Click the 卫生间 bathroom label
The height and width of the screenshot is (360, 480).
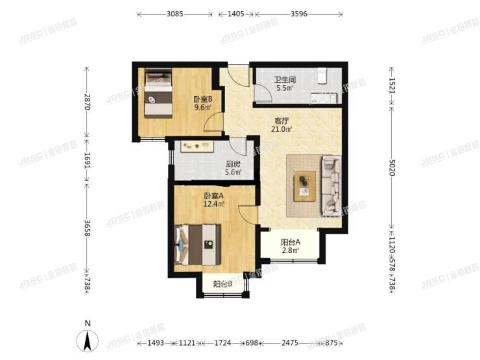285,80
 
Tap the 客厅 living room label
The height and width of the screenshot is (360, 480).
282,121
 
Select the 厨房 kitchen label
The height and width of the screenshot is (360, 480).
234,164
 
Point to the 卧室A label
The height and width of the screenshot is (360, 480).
214,196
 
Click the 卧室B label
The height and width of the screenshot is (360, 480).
202,99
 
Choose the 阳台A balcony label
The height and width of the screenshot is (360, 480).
291,243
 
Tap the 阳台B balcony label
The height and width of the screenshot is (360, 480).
222,284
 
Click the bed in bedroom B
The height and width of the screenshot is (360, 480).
158,93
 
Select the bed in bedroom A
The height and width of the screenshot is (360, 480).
197,245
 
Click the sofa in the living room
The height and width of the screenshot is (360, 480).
331,186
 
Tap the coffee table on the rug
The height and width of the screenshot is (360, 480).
305,186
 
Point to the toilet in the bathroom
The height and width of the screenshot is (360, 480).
322,76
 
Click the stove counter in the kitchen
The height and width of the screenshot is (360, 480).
197,147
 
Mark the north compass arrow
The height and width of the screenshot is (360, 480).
88,341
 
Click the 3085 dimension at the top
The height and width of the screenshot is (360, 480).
174,14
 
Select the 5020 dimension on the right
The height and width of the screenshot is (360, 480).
392,168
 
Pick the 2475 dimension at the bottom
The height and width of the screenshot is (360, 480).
289,343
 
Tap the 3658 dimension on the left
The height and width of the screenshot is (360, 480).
88,228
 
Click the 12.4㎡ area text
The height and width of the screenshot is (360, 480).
214,204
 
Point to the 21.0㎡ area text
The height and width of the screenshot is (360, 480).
282,129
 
